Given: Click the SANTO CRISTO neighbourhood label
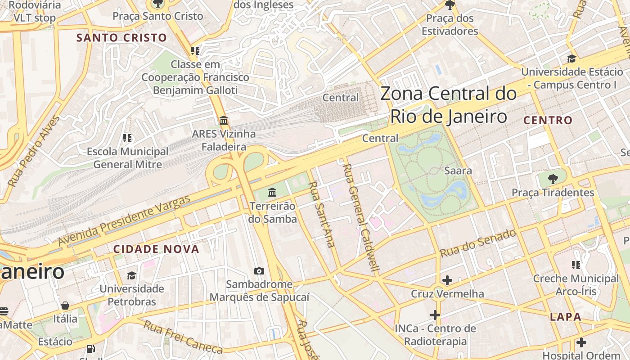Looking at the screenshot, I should (x=121, y=37).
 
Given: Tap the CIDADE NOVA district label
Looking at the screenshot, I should (x=156, y=249).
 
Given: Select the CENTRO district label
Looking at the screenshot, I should (x=548, y=120).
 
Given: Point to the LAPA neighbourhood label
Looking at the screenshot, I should (x=566, y=317).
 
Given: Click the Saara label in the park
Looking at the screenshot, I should (x=458, y=171).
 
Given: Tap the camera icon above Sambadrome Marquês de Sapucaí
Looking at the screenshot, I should (x=259, y=271).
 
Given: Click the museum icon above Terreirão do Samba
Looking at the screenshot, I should (x=272, y=193).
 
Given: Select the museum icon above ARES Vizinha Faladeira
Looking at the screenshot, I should (x=224, y=120).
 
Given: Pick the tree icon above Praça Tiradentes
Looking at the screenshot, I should (x=553, y=179).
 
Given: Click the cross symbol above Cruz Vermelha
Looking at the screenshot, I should (x=447, y=280).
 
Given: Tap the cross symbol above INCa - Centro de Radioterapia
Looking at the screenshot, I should (x=435, y=315).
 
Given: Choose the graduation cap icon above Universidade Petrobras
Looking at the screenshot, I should (x=131, y=275).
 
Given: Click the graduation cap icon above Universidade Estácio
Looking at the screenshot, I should (x=571, y=58).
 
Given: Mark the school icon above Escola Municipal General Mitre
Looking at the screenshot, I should (x=127, y=138).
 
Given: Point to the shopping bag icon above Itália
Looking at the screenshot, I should (x=65, y=306).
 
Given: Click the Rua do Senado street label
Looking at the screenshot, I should (x=478, y=243).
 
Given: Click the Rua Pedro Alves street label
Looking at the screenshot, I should (x=34, y=151).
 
